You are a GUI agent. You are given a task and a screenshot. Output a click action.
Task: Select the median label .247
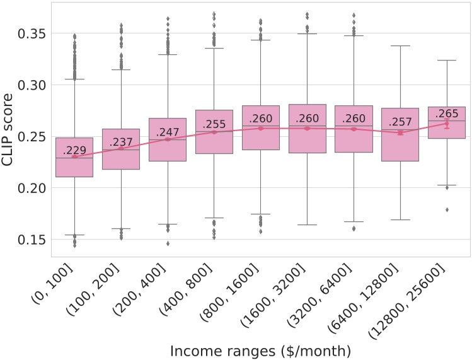[168, 132]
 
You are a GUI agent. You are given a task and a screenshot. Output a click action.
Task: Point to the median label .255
[214, 124]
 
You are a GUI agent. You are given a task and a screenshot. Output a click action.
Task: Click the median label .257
[400, 122]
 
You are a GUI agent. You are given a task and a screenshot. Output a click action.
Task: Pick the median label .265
[447, 113]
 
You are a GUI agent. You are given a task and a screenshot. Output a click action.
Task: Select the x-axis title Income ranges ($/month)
[261, 349]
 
